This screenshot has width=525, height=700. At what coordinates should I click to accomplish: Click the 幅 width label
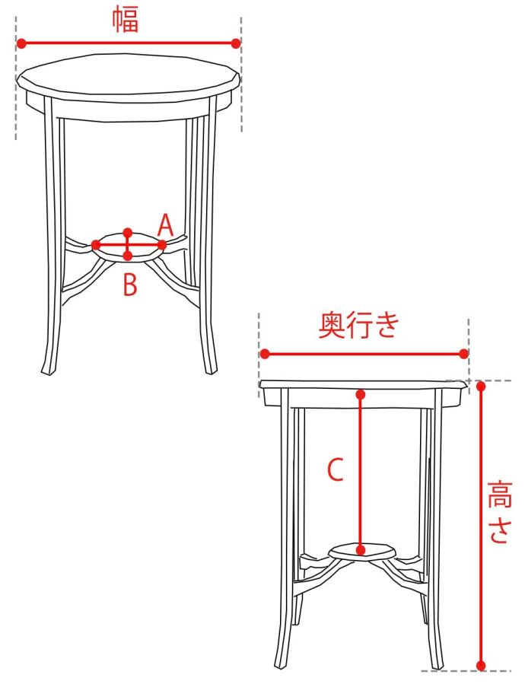(x=125, y=20)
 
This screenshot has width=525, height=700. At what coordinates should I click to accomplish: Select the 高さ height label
(x=498, y=511)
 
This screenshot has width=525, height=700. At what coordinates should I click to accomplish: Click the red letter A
(x=165, y=225)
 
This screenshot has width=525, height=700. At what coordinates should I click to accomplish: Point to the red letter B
(x=129, y=285)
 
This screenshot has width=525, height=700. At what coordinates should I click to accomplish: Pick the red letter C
(x=336, y=469)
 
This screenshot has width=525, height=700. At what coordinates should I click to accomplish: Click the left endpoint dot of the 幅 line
(x=21, y=43)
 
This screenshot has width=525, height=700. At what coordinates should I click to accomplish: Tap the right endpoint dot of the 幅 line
(x=236, y=43)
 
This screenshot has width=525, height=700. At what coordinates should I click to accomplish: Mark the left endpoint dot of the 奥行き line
(x=265, y=354)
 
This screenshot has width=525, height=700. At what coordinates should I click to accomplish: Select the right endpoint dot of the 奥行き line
(x=464, y=354)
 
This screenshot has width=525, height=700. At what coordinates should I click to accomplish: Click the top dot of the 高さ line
(x=481, y=387)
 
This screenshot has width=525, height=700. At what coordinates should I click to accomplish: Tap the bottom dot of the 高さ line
(x=481, y=666)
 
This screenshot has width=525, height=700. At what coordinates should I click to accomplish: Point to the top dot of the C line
(x=361, y=395)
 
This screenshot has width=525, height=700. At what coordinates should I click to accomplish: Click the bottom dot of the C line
(x=361, y=550)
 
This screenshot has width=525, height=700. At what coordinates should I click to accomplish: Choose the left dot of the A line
(x=96, y=245)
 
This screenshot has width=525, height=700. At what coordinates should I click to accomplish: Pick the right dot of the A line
(x=161, y=245)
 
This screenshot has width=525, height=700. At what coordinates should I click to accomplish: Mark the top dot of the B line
(x=128, y=233)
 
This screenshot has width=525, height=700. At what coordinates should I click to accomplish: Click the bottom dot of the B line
(x=128, y=256)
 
